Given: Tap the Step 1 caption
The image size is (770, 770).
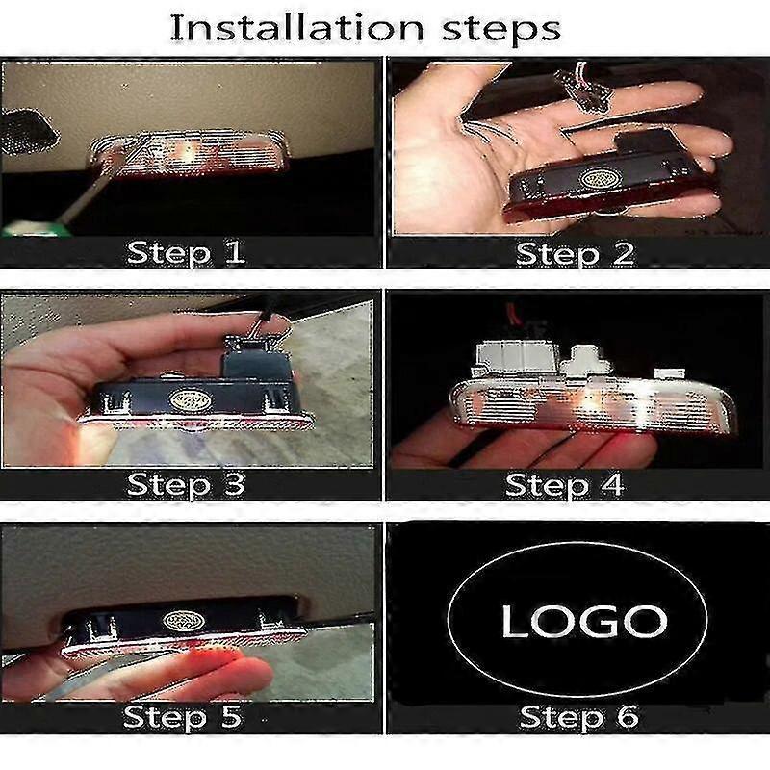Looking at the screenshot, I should point(186,253).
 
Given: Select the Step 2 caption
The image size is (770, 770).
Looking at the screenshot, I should point(576,254).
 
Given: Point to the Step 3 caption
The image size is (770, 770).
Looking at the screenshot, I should point(186,483).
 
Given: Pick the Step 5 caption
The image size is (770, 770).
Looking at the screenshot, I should point(183,717).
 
